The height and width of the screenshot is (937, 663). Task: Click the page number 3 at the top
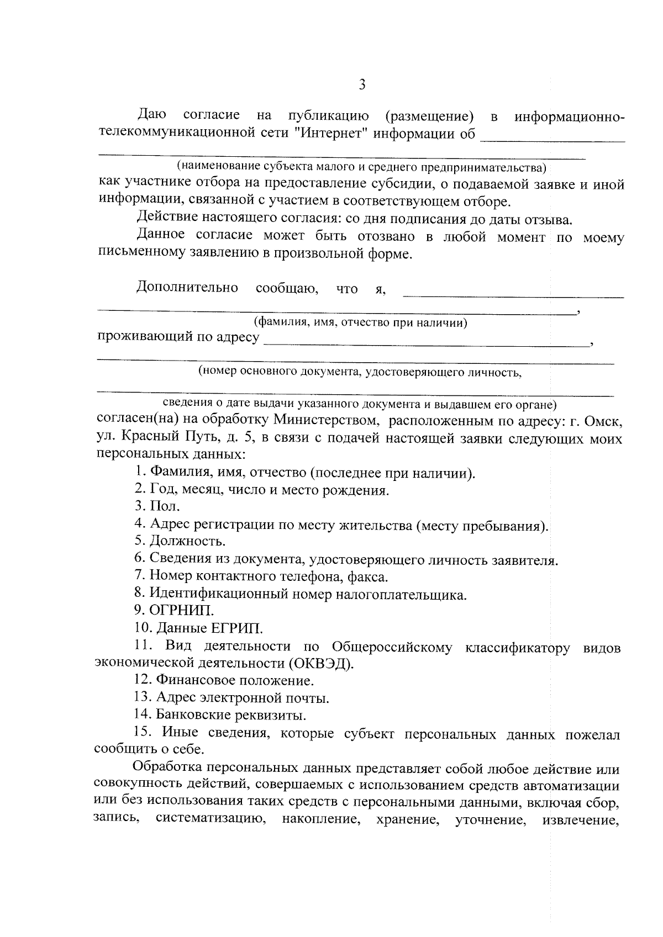362,84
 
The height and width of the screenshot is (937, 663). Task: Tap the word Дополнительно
187,288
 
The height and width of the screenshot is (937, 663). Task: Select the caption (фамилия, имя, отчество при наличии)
360,322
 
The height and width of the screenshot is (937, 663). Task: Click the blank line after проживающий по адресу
425,342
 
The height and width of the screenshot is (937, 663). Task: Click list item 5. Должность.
180,542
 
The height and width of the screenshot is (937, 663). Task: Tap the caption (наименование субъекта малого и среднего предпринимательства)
360,166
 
